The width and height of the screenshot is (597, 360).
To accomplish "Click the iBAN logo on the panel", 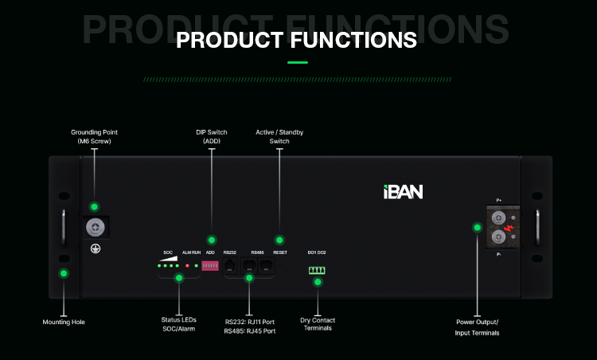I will pyautogui.click(x=401, y=191).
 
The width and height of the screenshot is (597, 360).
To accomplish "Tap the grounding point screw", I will pyautogui.click(x=94, y=228).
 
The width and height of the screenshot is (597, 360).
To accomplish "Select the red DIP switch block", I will pyautogui.click(x=211, y=265).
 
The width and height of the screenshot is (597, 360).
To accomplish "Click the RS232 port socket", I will pyautogui.click(x=231, y=265).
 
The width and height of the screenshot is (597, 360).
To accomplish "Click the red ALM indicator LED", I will pyautogui.click(x=187, y=265).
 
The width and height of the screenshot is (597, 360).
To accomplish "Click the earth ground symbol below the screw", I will pyautogui.click(x=94, y=248).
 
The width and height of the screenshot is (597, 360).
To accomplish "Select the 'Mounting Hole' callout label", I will pyautogui.click(x=63, y=322).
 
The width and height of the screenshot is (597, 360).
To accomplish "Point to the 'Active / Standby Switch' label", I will pyautogui.click(x=279, y=136).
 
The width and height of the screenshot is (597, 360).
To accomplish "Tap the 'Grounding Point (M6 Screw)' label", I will pyautogui.click(x=94, y=136).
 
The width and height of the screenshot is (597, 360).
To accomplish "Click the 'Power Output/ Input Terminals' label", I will pyautogui.click(x=478, y=328).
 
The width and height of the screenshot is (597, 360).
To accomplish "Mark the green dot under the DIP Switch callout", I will pyautogui.click(x=211, y=240).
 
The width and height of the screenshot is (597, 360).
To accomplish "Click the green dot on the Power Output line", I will pyautogui.click(x=477, y=227).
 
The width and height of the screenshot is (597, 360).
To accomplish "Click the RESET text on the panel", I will pyautogui.click(x=279, y=252).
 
